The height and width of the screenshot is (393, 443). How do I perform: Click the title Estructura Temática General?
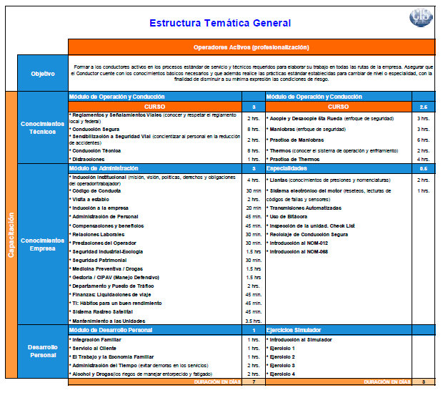220,23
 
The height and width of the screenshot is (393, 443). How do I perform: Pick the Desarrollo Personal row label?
42,351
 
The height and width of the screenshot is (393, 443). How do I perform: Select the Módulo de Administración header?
100,168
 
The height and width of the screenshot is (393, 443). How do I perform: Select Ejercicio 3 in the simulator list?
282,365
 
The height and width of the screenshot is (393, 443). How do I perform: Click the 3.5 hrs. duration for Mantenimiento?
253,321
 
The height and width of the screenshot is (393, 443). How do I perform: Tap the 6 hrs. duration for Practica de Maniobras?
423,140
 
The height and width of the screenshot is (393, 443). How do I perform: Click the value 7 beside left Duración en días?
254,382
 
